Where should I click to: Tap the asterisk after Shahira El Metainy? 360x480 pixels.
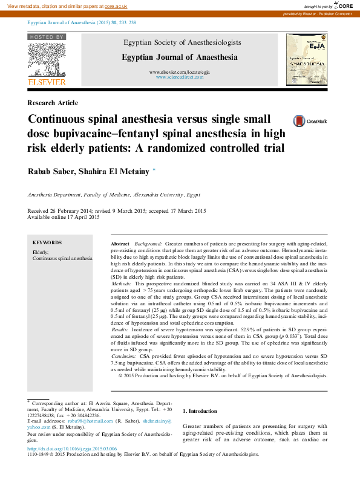(154, 170)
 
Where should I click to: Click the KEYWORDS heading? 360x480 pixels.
(47, 242)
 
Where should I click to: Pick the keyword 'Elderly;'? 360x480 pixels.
(41, 251)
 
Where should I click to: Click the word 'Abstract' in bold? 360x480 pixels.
(121, 242)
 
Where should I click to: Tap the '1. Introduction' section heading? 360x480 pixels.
(200, 411)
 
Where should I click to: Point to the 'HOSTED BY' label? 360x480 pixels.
(46, 37)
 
